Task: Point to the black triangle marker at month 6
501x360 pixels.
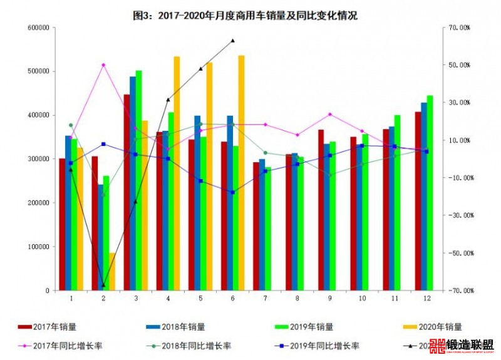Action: point(232,41)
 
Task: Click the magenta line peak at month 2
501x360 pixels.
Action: point(103,65)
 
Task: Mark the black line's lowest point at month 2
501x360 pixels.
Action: point(103,285)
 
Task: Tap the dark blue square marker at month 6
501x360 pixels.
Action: point(232,192)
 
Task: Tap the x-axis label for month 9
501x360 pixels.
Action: point(330,299)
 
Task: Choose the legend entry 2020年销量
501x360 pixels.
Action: point(438,326)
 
